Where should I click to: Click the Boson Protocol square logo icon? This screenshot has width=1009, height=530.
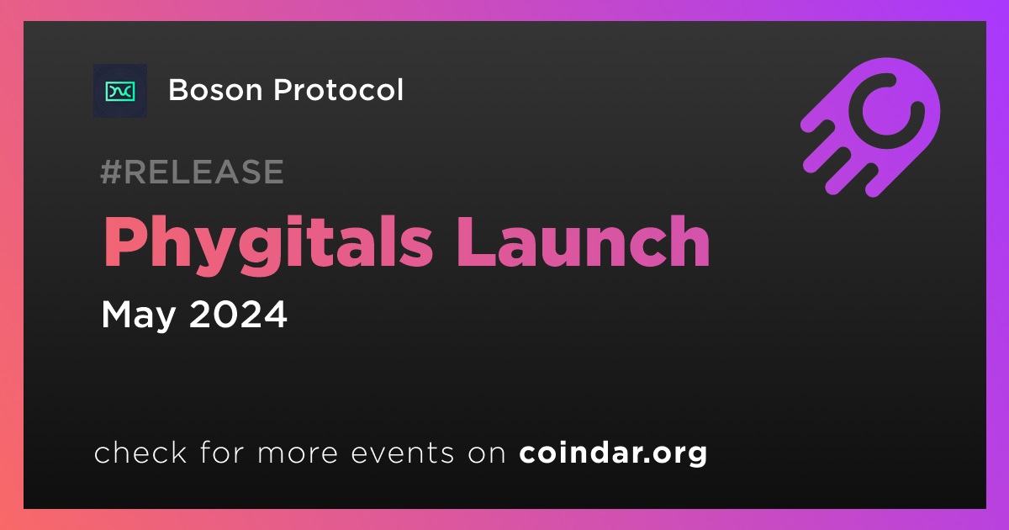[120, 91]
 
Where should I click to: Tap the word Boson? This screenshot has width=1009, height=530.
[216, 90]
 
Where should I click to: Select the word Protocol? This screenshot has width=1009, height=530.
[338, 90]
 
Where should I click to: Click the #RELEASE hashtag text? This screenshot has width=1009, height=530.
[192, 172]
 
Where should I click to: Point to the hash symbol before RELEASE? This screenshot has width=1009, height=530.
[110, 172]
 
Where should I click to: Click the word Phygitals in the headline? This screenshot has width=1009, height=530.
[267, 243]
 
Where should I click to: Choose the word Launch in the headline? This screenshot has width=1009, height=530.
[583, 241]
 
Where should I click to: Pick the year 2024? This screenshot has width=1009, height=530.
[238, 314]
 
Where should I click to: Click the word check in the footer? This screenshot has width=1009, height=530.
[140, 452]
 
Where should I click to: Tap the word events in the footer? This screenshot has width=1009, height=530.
[403, 453]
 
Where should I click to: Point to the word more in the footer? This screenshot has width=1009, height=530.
[298, 454]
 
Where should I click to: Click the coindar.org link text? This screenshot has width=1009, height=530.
[613, 453]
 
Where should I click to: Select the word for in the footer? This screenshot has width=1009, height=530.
[222, 452]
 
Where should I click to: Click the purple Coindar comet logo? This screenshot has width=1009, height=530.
[870, 127]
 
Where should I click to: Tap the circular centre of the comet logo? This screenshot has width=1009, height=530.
[886, 111]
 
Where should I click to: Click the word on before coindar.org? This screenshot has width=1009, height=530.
[488, 454]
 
